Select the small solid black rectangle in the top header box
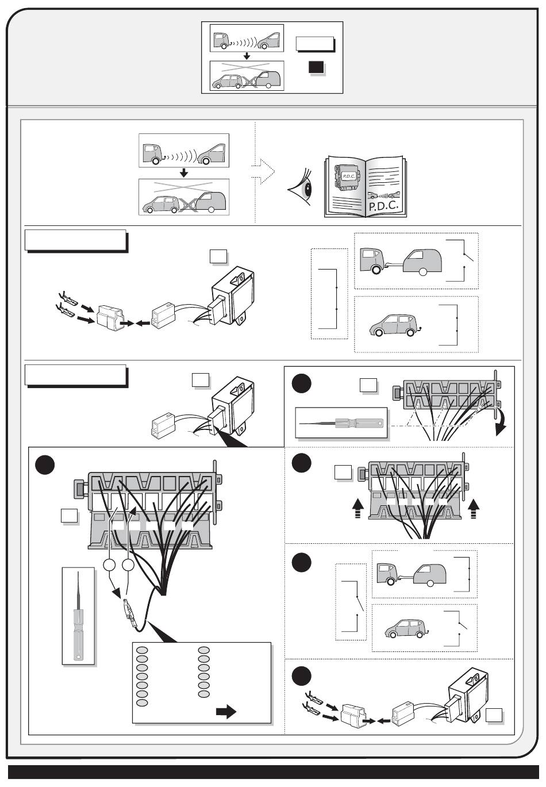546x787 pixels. coord(316,67)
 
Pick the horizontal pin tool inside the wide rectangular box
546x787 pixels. coord(341,423)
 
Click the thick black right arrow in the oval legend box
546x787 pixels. coord(226,712)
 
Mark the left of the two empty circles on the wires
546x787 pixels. coord(109,565)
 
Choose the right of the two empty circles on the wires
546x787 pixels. coord(128,565)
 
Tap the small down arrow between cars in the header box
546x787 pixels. coord(247,56)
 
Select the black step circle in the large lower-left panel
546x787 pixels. coord(45,465)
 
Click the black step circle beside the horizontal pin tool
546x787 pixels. coord(302,383)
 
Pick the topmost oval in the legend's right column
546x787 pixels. coord(204,650)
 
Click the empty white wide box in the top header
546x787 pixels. coord(314,44)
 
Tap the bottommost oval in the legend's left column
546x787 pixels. coord(142,703)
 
